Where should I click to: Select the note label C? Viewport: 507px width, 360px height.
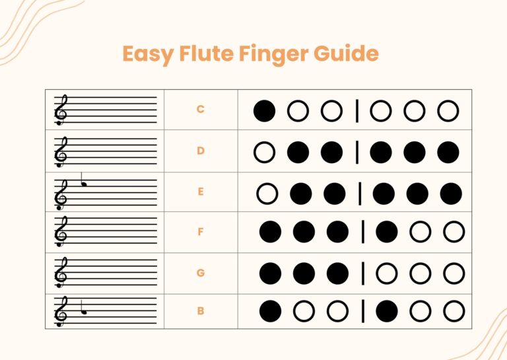201,110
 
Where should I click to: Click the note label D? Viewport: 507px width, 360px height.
201,151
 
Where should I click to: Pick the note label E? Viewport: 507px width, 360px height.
201,192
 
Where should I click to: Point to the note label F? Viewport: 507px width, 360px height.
201,233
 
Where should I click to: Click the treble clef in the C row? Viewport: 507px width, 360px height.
61,110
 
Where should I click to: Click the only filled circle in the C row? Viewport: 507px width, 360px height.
264,111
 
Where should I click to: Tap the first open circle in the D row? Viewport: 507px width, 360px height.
264,152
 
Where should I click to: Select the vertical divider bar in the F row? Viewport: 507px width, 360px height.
362,232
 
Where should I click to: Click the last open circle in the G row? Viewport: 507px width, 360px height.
454,272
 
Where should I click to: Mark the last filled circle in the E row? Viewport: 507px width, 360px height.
451,193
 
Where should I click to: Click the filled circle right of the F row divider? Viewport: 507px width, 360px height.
387,232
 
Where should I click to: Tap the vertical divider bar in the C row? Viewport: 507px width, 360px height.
357,111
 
